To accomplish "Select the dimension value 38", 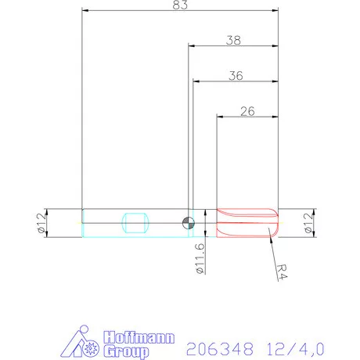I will pyautogui.click(x=232, y=40).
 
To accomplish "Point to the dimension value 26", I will pyautogui.click(x=247, y=111).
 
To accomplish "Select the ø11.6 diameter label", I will pyautogui.click(x=200, y=257).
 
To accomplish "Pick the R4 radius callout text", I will pyautogui.click(x=287, y=268).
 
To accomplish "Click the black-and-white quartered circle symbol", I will pyautogui.click(x=188, y=222).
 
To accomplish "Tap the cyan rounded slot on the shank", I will pyautogui.click(x=135, y=222).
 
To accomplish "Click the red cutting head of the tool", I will pyautogui.click(x=247, y=222).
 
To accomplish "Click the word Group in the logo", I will pyautogui.click(x=126, y=350).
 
